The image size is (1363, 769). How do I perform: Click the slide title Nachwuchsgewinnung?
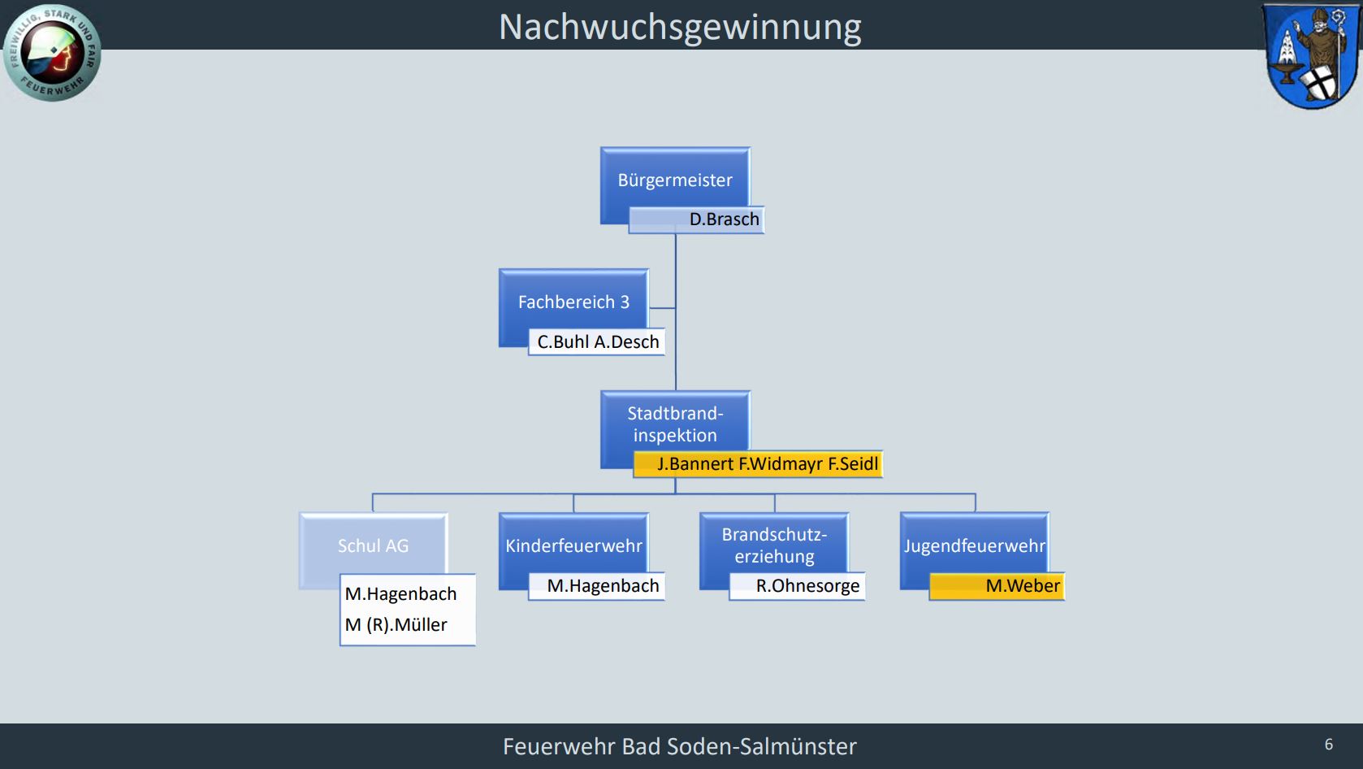click(x=680, y=28)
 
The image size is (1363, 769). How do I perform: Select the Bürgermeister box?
click(x=675, y=180)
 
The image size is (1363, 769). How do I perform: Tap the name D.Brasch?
click(x=724, y=219)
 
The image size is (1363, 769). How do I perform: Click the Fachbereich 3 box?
click(x=573, y=302)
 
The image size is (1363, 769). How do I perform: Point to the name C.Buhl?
click(x=564, y=342)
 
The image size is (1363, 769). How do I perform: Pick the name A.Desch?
click(x=627, y=342)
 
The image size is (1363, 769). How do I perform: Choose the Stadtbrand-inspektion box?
click(x=675, y=424)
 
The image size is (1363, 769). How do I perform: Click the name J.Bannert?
click(x=694, y=464)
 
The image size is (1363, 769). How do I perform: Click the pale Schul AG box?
click(x=373, y=545)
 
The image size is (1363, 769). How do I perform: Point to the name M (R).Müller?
click(x=396, y=624)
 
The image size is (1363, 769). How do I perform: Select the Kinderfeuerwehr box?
click(x=573, y=545)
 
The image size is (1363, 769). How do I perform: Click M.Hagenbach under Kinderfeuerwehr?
click(x=603, y=586)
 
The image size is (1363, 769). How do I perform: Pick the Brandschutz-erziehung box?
click(x=774, y=545)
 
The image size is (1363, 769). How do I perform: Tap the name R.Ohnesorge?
click(x=807, y=586)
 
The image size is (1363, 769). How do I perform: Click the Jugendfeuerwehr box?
click(x=975, y=545)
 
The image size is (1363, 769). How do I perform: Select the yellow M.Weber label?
click(x=997, y=586)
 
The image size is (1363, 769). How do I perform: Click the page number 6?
click(x=1329, y=744)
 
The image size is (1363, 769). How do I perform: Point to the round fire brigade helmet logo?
click(x=52, y=52)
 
